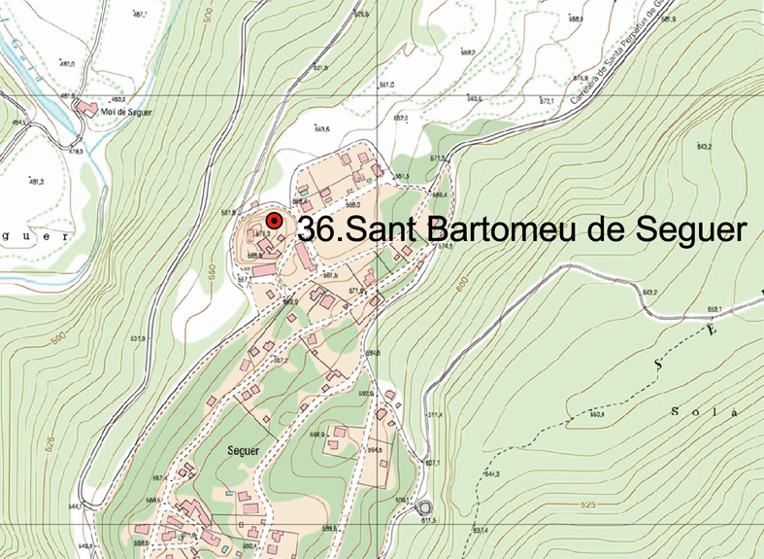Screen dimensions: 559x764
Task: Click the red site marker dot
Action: tap(275, 222)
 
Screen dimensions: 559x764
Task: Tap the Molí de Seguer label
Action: tap(122, 112)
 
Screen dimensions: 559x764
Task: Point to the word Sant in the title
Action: tap(384, 230)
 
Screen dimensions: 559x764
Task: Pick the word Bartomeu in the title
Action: tap(502, 230)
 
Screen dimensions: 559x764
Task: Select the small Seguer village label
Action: tap(245, 451)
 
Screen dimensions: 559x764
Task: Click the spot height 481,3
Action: tap(37, 182)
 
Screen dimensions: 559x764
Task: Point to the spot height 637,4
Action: tap(481, 530)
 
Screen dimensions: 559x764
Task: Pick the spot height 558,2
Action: tap(467, 52)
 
